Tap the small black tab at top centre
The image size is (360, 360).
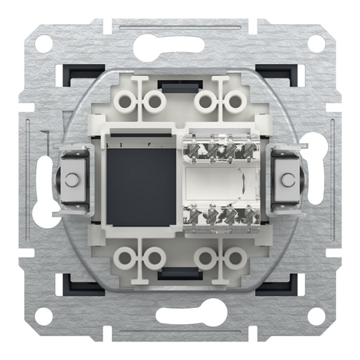coord(170,83)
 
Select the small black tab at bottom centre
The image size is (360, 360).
coord(170,274)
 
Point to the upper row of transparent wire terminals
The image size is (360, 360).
coord(217,147)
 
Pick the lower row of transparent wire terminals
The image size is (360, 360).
coord(217,214)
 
